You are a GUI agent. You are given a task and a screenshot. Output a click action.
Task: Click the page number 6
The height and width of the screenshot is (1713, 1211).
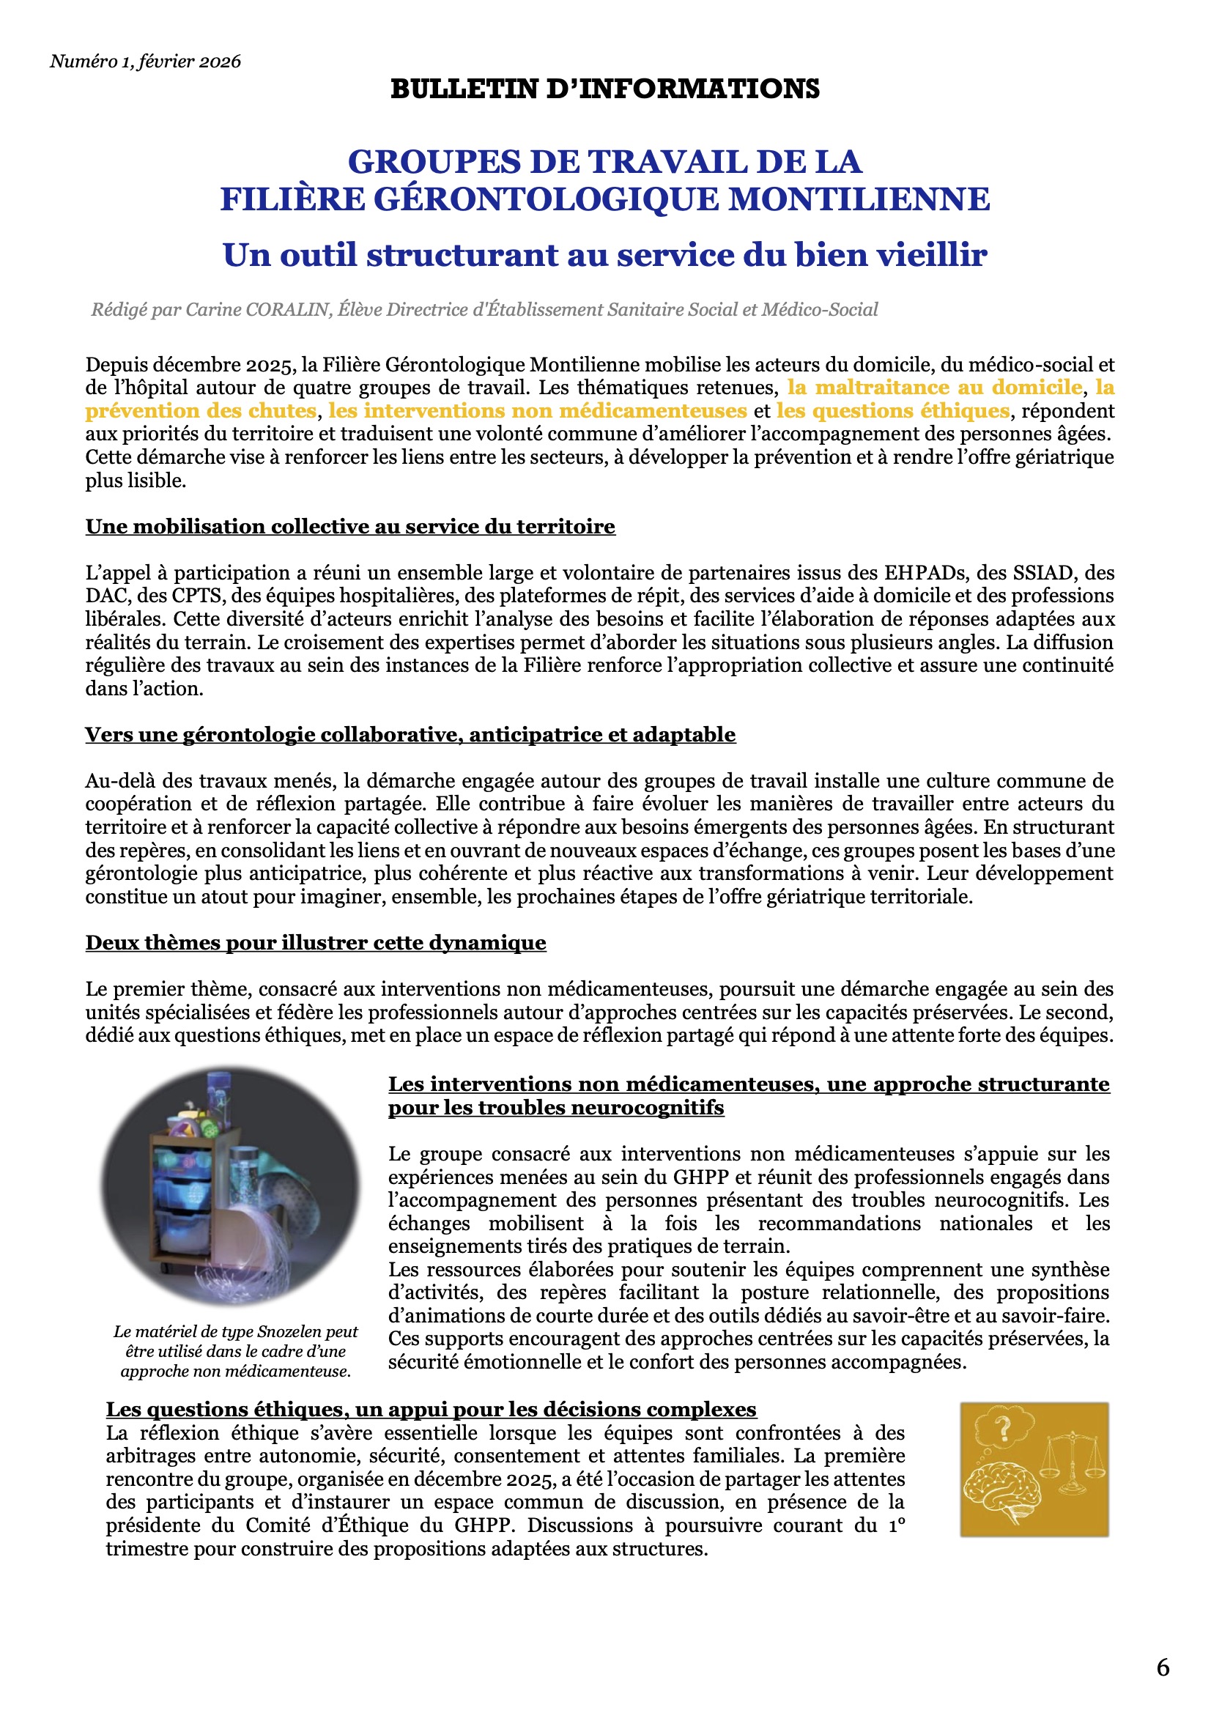point(1163,1667)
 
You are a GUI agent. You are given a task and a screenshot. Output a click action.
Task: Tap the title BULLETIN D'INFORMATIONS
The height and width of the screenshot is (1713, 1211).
point(604,89)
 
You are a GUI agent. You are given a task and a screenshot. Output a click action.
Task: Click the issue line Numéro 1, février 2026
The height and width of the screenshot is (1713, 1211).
point(146,62)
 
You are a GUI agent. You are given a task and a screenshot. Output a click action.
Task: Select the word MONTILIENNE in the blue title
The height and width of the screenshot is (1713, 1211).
point(859,199)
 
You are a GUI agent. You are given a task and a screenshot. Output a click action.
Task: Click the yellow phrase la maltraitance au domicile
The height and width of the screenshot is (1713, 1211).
point(935,387)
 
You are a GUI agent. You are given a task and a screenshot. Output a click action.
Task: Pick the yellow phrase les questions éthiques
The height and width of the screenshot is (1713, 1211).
point(892,410)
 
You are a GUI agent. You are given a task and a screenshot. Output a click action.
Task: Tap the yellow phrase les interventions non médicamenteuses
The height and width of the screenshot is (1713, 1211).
point(537,410)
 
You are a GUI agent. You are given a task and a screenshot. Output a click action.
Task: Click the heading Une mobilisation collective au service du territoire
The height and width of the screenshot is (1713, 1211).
point(350,527)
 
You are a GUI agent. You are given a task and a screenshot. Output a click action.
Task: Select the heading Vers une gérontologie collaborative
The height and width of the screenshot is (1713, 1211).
point(410,735)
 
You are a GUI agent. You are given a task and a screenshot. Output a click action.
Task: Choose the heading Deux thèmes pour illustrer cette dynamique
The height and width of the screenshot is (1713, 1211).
point(316,943)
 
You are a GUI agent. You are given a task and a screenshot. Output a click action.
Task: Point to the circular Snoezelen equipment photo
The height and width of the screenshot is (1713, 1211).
point(231,1186)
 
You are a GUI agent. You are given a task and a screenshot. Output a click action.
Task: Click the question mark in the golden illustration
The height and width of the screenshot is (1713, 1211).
point(1004,1429)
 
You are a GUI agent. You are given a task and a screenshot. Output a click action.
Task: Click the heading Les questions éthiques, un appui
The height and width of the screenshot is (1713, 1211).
point(431,1410)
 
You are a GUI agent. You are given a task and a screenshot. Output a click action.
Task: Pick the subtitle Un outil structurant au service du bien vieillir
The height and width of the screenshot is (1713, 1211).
point(604,255)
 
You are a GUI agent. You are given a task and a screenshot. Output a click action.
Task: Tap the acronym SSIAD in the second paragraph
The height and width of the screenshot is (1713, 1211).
point(1043,573)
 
